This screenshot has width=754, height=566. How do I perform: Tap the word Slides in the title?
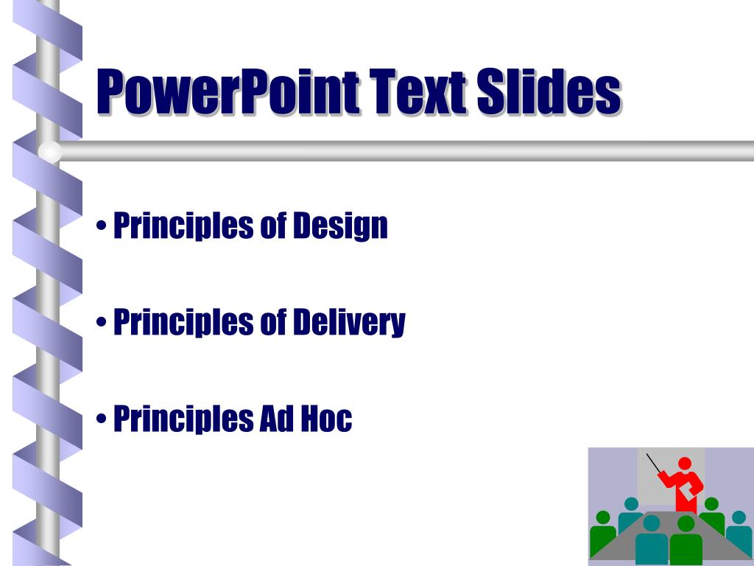pos(548,91)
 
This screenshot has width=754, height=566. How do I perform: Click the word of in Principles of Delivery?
pos(271,322)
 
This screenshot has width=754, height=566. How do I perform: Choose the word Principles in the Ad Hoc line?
pos(182,419)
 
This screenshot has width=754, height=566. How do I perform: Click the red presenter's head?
pos(684,464)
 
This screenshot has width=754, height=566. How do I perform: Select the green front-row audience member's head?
pos(686,524)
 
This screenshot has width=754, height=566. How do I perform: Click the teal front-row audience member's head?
pos(651,523)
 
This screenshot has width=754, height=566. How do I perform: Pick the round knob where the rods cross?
pos(49,152)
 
